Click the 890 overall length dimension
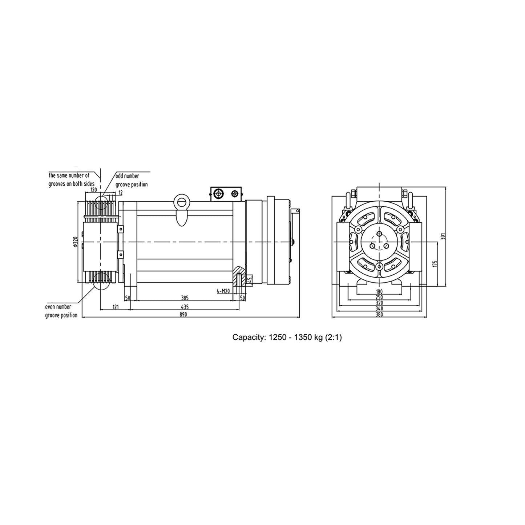183,315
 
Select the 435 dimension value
185,307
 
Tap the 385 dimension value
185,298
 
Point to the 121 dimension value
115,307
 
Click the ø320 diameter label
75,242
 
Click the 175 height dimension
435,264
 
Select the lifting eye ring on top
181,201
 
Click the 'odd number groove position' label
132,180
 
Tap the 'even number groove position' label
61,311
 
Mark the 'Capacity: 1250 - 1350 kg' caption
287,338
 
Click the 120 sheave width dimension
93,189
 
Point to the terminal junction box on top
226,194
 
